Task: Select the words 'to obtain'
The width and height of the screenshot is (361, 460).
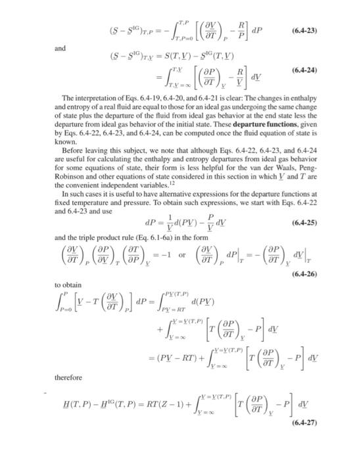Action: click(68, 285)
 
